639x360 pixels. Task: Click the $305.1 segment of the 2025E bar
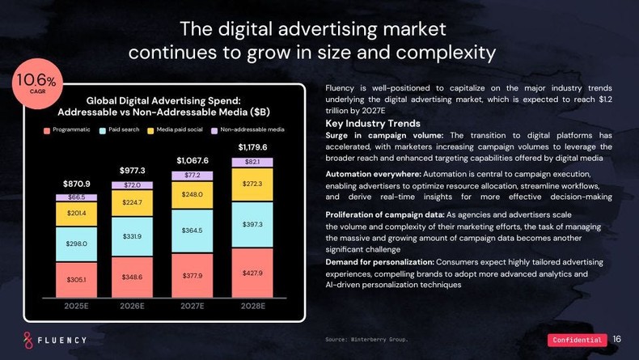click(76, 279)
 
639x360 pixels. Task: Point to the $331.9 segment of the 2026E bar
click(132, 236)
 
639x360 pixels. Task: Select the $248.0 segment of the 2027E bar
click(192, 195)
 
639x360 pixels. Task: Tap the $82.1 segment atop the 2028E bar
click(252, 162)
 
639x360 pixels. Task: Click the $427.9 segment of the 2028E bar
click(252, 273)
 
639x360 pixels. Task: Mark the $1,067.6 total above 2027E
click(193, 160)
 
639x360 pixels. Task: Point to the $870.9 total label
click(76, 184)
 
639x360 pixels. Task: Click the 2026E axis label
click(132, 307)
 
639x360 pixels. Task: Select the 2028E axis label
click(252, 307)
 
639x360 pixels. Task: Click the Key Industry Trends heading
click(372, 123)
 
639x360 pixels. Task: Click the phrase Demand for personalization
click(380, 262)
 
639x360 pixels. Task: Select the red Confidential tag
click(578, 340)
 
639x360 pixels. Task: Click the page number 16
click(617, 339)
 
